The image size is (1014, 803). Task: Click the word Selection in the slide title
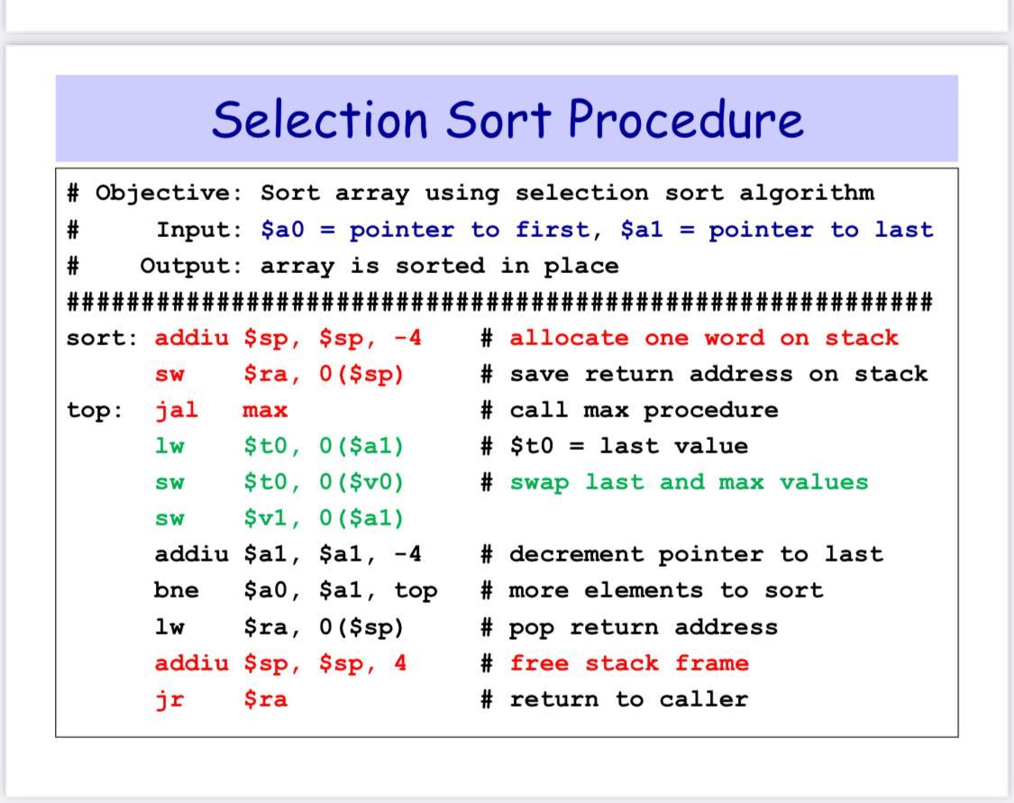click(320, 119)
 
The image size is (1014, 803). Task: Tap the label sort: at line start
click(102, 338)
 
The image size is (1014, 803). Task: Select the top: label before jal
click(95, 410)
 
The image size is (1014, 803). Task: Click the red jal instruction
click(176, 410)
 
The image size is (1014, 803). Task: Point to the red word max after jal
click(265, 411)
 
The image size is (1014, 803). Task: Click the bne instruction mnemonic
click(176, 589)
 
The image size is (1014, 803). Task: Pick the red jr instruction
click(169, 699)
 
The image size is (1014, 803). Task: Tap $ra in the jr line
click(265, 699)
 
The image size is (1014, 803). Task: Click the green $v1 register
click(265, 517)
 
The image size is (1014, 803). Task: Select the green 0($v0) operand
click(361, 482)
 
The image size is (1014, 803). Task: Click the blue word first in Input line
click(553, 230)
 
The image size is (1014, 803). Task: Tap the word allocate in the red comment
click(569, 337)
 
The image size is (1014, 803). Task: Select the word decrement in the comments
click(576, 554)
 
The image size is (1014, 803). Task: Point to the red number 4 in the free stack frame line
click(400, 662)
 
